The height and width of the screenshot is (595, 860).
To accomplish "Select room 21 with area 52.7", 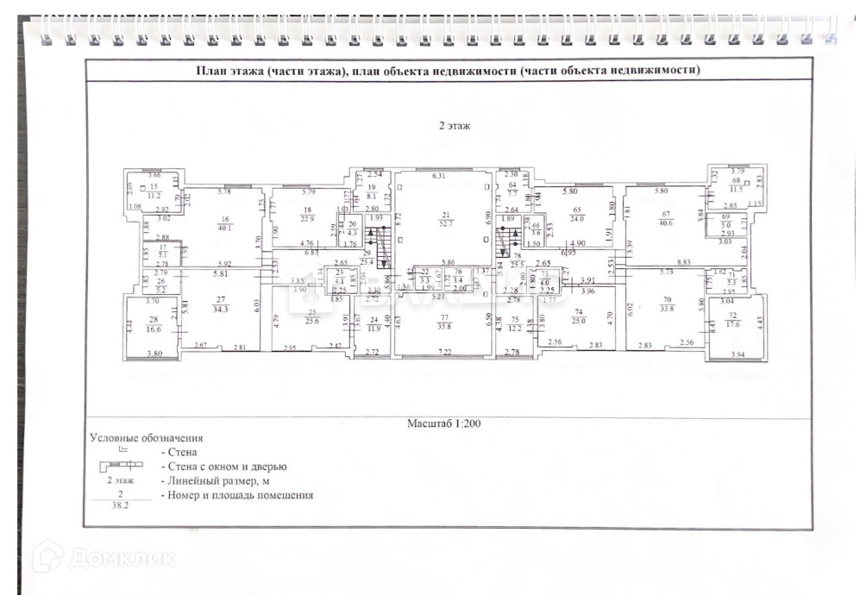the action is [x=446, y=220].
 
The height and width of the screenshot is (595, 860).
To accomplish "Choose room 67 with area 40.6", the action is [x=666, y=220].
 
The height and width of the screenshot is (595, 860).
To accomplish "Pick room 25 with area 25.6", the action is [x=311, y=317].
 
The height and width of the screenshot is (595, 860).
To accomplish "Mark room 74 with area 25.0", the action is [x=578, y=317].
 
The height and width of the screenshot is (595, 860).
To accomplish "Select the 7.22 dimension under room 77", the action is [x=445, y=353].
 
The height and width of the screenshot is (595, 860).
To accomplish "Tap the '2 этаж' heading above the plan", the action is [x=454, y=126].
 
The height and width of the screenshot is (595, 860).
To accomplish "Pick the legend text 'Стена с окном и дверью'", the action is [x=223, y=467].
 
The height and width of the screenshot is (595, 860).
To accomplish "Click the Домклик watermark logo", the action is [x=103, y=558].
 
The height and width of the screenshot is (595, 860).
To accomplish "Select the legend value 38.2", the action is [x=119, y=506].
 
